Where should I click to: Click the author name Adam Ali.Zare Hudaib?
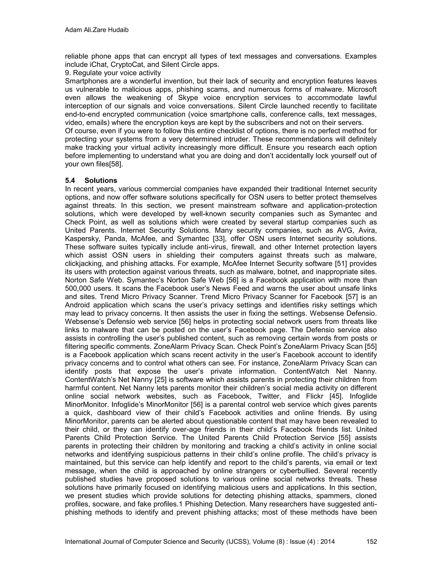coord(97,30)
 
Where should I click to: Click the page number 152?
coord(372,541)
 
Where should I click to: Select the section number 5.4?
coord(70,180)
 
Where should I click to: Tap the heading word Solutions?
coord(101,180)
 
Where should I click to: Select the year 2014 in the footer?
coord(328,541)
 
